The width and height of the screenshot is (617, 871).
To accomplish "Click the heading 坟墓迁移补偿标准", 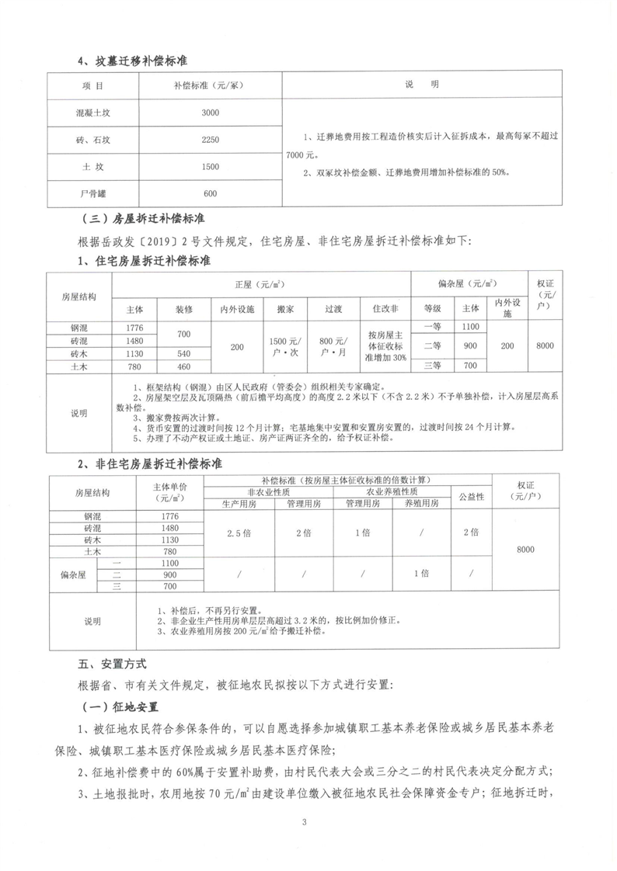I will (x=137, y=60).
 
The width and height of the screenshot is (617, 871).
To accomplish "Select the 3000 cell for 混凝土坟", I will (x=210, y=113).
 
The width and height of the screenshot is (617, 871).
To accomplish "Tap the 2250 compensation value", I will (x=210, y=140).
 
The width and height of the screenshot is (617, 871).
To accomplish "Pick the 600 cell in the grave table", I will (x=210, y=193).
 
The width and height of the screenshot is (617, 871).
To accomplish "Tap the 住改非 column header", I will (x=385, y=309).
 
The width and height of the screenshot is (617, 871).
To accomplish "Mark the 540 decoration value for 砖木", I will (x=183, y=354).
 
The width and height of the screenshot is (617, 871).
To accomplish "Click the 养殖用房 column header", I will (x=418, y=504).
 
